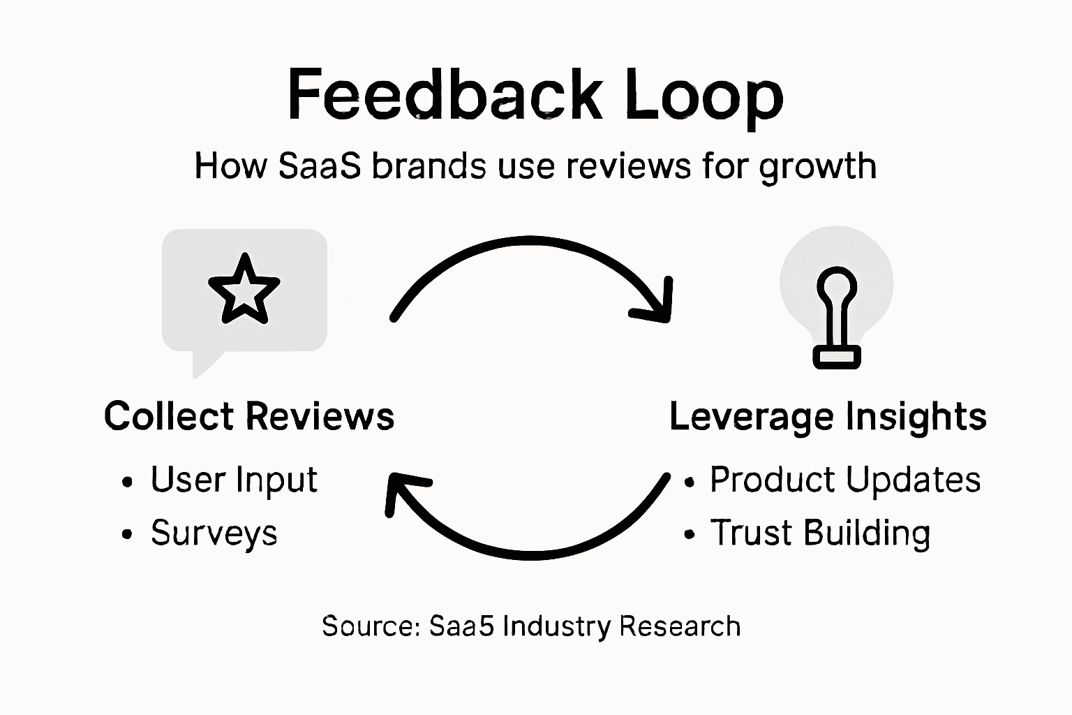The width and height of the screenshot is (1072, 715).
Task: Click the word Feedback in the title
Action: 444,95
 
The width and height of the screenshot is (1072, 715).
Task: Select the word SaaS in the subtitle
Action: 319,166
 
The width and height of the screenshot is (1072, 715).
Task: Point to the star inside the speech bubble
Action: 244,290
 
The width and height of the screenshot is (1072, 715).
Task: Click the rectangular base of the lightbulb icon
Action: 837,357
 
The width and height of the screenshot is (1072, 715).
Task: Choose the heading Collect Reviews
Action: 249,416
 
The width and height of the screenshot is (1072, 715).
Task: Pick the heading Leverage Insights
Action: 828,416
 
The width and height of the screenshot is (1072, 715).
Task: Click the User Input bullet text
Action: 234,480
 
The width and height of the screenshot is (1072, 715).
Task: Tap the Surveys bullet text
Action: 214,533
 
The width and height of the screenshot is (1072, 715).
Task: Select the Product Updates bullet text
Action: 844,480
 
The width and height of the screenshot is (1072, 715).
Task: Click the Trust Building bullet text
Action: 820,533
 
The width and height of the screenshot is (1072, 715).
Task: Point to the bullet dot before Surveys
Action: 126,535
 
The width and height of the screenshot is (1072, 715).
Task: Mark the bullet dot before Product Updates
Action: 690,482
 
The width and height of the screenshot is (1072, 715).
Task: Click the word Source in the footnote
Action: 369,626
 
